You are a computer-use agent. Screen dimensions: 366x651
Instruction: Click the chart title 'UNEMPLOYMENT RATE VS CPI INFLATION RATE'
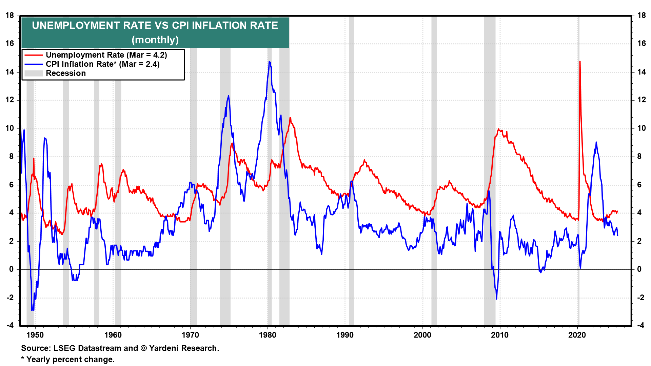pyautogui.click(x=155, y=26)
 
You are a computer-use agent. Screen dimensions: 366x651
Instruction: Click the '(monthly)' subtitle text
pyautogui.click(x=155, y=40)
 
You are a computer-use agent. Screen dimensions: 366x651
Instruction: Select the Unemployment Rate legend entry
pyautogui.click(x=106, y=55)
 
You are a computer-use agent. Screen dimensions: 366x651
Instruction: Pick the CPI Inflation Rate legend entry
pyautogui.click(x=102, y=64)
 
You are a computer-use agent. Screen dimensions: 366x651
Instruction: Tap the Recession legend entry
pyautogui.click(x=66, y=73)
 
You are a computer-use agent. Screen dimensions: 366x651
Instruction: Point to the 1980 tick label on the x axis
pyautogui.click(x=268, y=335)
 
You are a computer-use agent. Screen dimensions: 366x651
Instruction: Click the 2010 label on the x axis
pyautogui.click(x=500, y=335)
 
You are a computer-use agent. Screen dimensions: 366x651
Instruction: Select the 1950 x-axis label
pyautogui.click(x=35, y=335)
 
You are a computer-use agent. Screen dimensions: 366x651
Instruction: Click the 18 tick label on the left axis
pyautogui.click(x=9, y=16)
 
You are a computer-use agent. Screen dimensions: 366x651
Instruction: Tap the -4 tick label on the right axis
pyautogui.click(x=640, y=326)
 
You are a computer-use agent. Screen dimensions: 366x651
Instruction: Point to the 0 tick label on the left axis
pyautogui.click(x=12, y=269)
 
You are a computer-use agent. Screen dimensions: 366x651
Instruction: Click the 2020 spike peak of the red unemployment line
pyautogui.click(x=580, y=61)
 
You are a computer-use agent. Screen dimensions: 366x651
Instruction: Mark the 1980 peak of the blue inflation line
pyautogui.click(x=269, y=62)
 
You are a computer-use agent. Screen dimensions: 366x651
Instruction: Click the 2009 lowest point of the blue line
pyautogui.click(x=496, y=299)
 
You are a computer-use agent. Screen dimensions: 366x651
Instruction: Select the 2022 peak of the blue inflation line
pyautogui.click(x=596, y=142)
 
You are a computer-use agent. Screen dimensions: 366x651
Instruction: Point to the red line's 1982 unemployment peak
pyautogui.click(x=290, y=118)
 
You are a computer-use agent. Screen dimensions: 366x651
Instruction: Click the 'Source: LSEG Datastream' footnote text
pyautogui.click(x=120, y=348)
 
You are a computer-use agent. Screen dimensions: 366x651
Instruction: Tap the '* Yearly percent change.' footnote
pyautogui.click(x=68, y=360)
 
